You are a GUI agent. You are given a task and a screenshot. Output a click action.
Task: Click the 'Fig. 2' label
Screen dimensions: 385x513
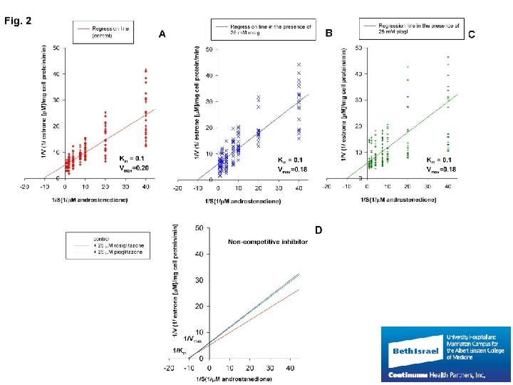(18, 21)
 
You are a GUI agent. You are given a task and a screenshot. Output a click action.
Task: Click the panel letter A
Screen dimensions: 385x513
(162, 34)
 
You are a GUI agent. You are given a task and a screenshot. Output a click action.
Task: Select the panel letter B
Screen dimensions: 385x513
(328, 33)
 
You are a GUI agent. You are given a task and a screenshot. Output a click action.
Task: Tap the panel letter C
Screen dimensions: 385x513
(472, 34)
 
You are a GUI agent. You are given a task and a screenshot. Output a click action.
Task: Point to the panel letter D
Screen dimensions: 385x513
(318, 230)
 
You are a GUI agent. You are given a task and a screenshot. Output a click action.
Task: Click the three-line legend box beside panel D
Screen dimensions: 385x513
(108, 245)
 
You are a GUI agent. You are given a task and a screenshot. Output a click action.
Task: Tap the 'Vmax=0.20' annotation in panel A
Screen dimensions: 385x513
(133, 168)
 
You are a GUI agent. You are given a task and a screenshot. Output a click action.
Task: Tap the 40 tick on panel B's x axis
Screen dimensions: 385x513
(299, 188)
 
